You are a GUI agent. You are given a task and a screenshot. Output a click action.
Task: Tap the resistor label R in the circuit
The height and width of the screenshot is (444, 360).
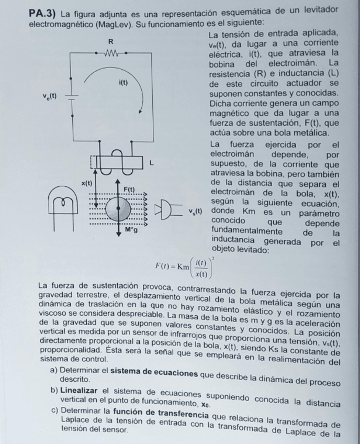[110, 40]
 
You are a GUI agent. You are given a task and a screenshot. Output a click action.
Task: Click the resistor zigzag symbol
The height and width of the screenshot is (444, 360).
[113, 52]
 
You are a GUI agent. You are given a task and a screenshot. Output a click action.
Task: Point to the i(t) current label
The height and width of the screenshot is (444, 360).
[123, 83]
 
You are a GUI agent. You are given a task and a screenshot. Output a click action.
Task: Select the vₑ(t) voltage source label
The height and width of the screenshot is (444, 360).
[50, 96]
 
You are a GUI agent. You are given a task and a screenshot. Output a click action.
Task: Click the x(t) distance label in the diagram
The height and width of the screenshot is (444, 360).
[86, 183]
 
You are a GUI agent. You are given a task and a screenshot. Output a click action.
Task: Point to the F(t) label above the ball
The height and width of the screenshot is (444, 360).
[129, 188]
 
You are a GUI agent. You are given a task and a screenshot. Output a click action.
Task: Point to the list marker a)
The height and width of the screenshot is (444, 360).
[54, 372]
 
